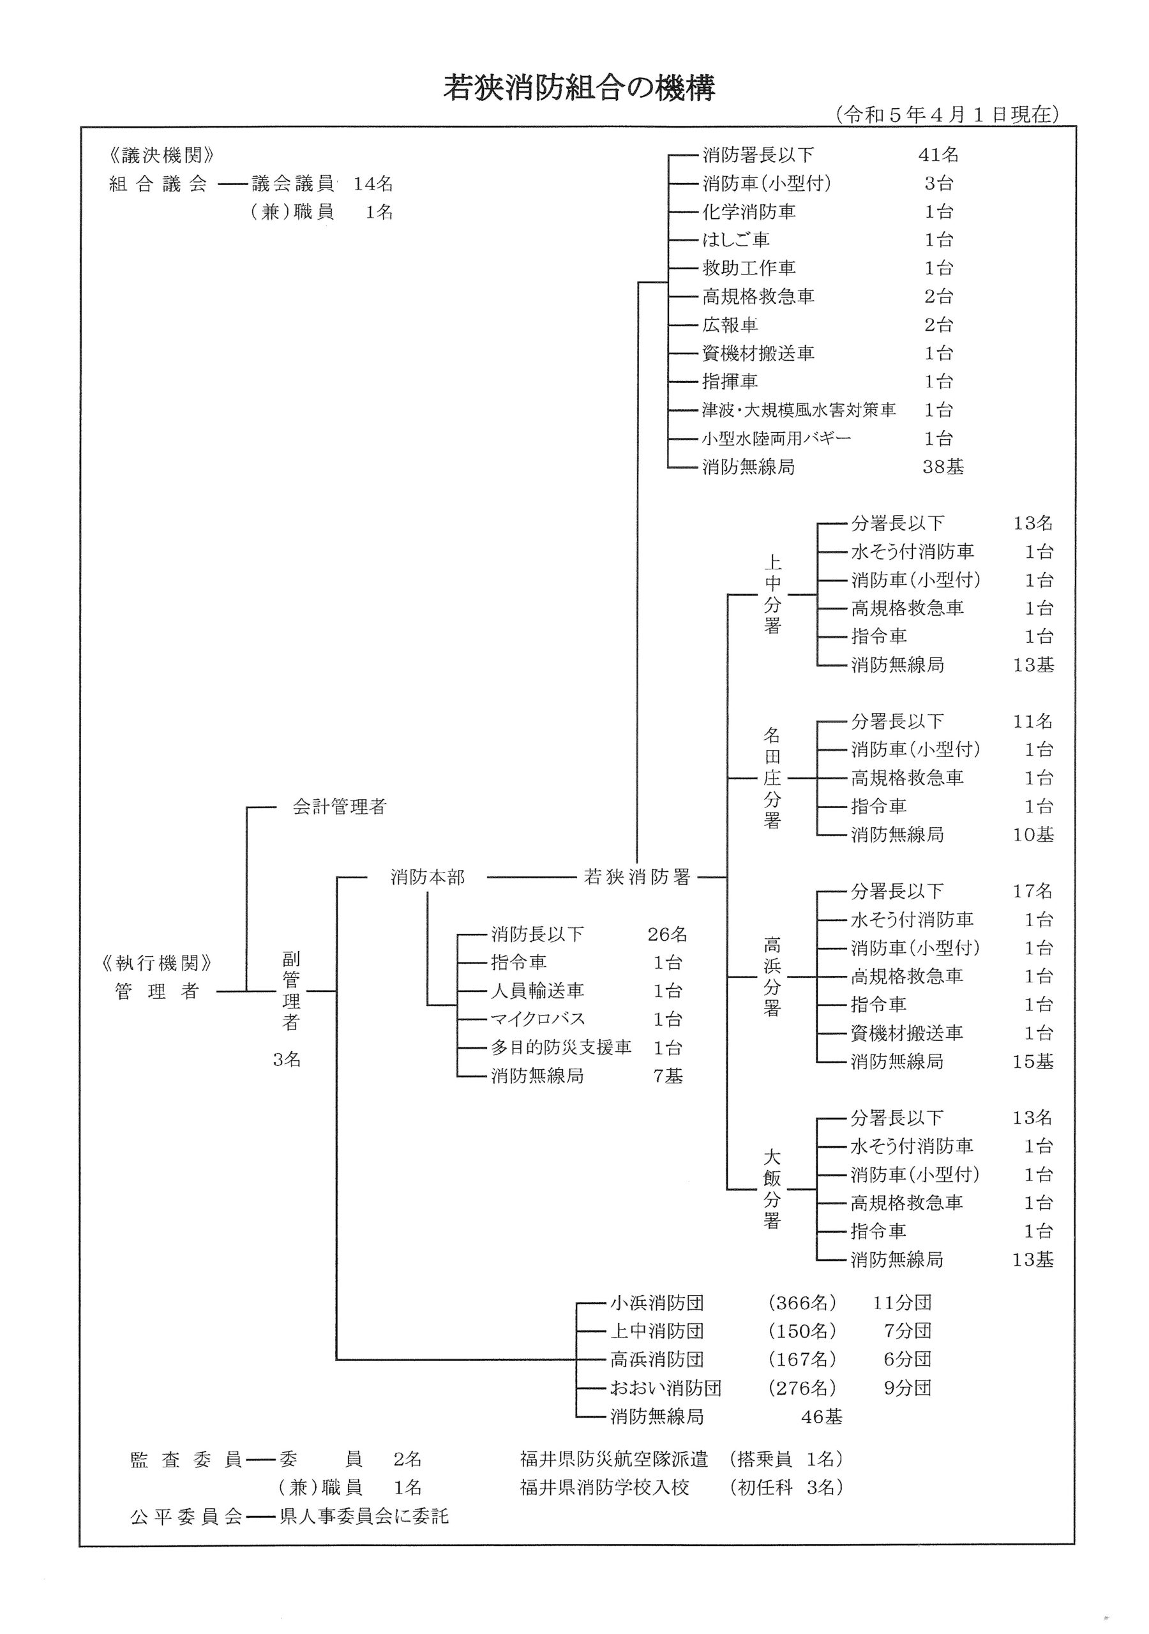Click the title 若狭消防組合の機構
coord(579,89)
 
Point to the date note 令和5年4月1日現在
coord(947,115)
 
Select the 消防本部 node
coord(427,877)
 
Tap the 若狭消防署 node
coord(637,877)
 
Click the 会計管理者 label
coord(339,806)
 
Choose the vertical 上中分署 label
coord(772,594)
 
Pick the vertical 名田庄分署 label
coord(772,778)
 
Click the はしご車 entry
coord(735,240)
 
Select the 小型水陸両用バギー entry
coord(776,438)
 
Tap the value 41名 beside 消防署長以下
coord(938,154)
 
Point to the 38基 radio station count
coord(943,467)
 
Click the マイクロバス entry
coord(537,1019)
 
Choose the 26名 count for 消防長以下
coord(667,934)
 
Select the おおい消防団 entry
coord(666,1388)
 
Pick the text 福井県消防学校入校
coord(605,1488)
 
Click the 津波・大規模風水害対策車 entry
coord(799,410)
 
